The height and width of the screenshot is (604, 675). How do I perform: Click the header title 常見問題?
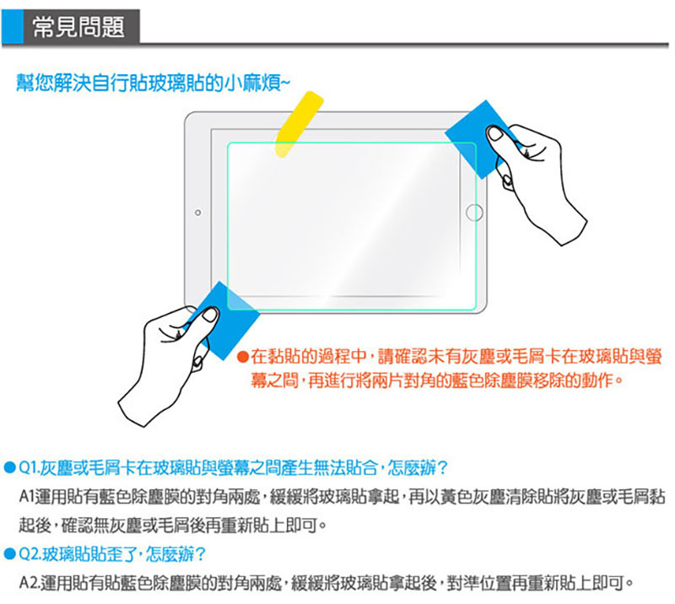(78, 25)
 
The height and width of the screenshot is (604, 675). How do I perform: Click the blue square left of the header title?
(12, 25)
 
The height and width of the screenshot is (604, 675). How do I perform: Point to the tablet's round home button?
(475, 211)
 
